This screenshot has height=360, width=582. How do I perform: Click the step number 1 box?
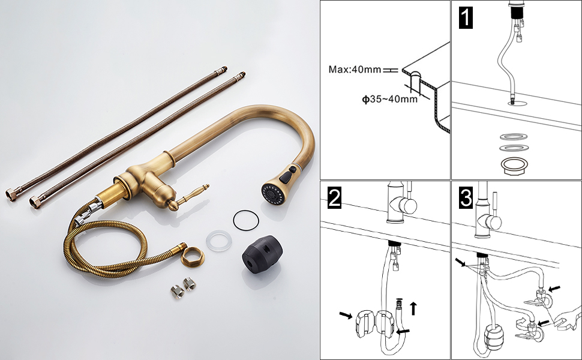pos(465,19)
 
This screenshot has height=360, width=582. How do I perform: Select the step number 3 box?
pos(466,197)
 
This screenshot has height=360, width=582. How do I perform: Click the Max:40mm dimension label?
pos(355,70)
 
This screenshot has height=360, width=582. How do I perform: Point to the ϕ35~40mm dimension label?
pos(389,99)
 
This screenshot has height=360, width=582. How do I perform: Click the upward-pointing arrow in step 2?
pos(413,308)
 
